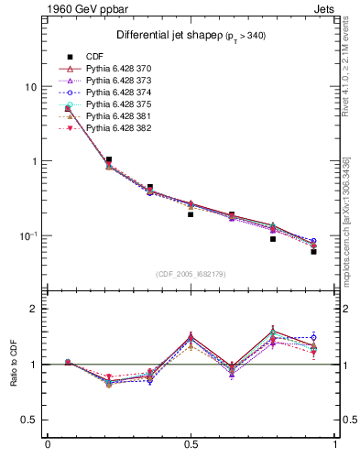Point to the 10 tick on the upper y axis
coord(30,87)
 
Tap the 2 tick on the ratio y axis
coord(34,309)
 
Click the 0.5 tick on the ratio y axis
coord(29,420)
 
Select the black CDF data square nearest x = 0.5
coord(191,214)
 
